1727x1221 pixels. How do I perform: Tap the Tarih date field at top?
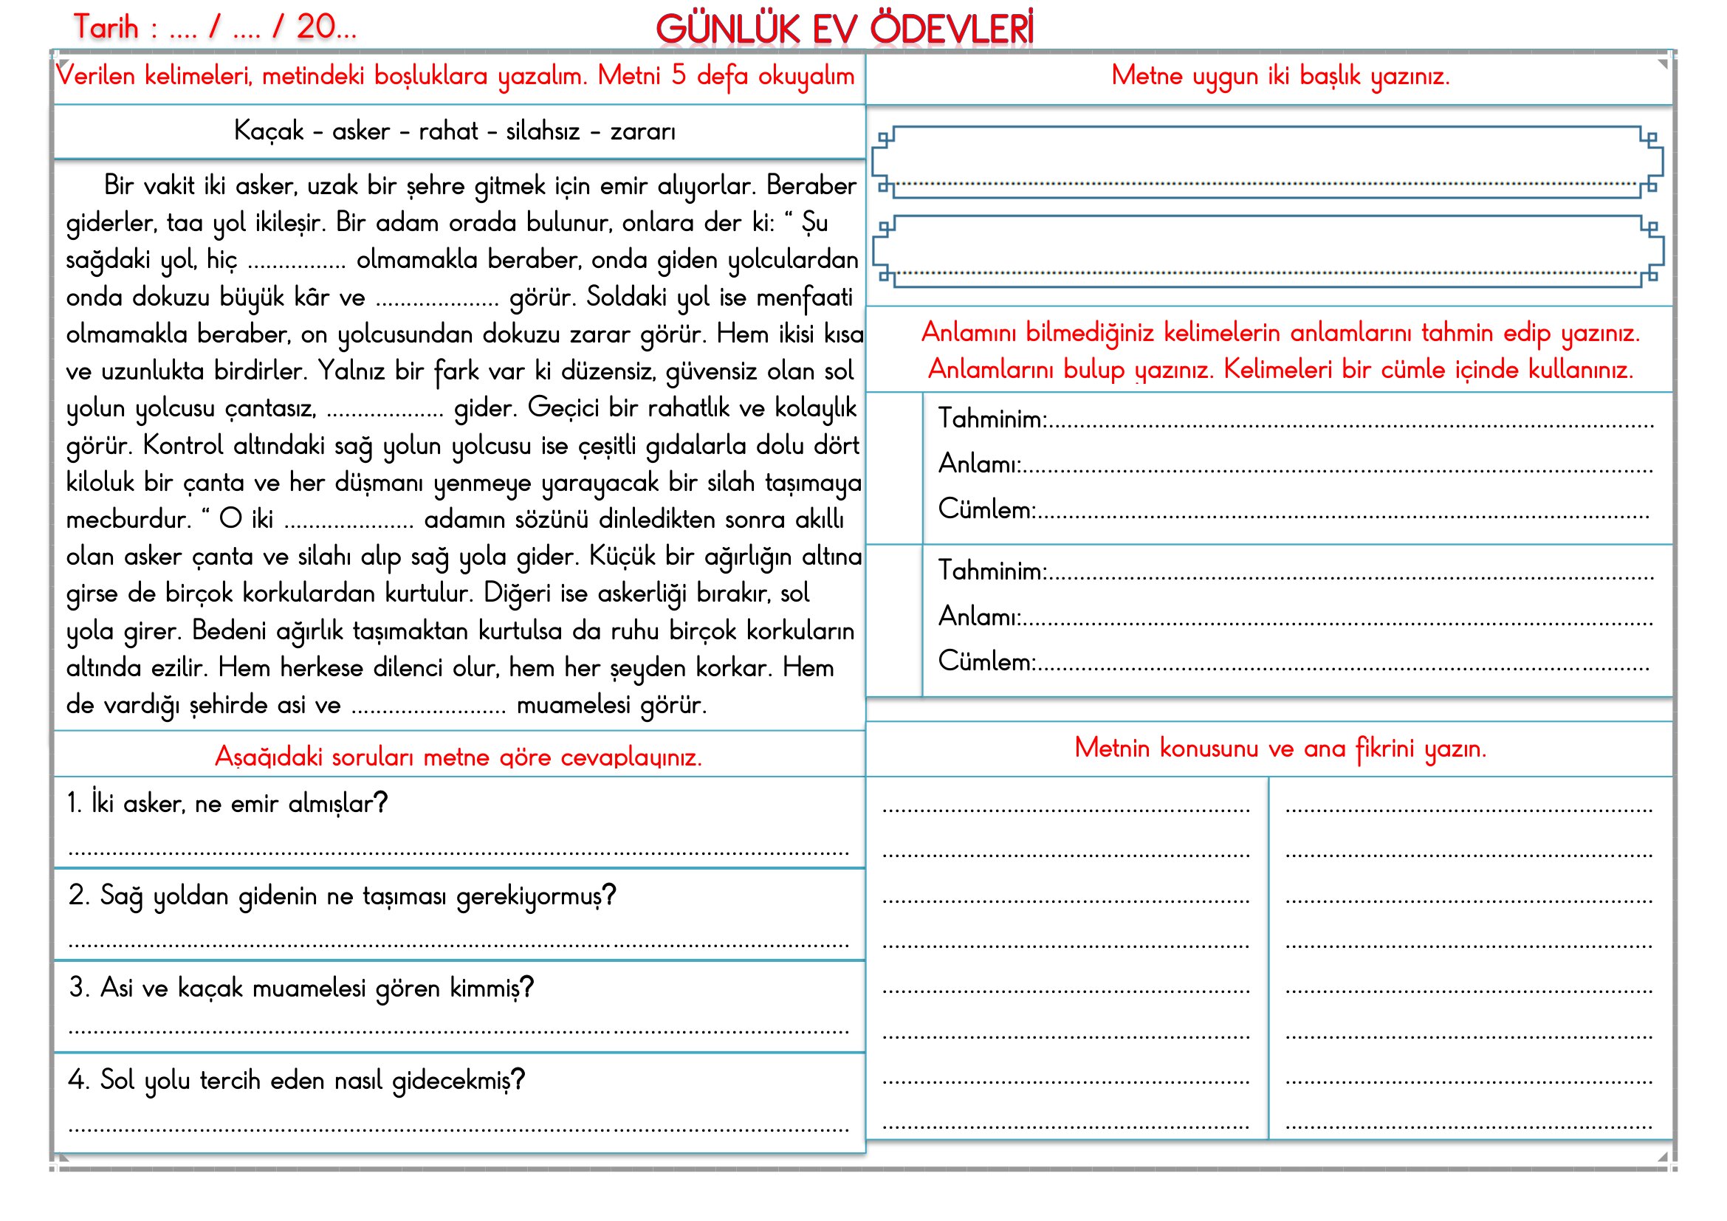click(214, 28)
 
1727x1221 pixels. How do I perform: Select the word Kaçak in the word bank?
click(269, 131)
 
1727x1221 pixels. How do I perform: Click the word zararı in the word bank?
click(642, 131)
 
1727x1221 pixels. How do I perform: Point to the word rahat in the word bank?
click(448, 131)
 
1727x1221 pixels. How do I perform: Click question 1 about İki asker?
click(227, 804)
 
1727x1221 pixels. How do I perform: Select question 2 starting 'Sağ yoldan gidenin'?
click(343, 895)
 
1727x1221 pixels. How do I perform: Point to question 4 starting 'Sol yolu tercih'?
click(296, 1081)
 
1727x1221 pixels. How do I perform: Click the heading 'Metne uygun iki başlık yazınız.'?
click(1280, 76)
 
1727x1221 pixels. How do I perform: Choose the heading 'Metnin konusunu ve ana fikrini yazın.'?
click(1280, 748)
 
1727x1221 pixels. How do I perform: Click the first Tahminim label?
click(992, 419)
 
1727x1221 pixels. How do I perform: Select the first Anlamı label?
click(979, 464)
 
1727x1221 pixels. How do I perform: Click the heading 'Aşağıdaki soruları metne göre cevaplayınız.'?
click(458, 757)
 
